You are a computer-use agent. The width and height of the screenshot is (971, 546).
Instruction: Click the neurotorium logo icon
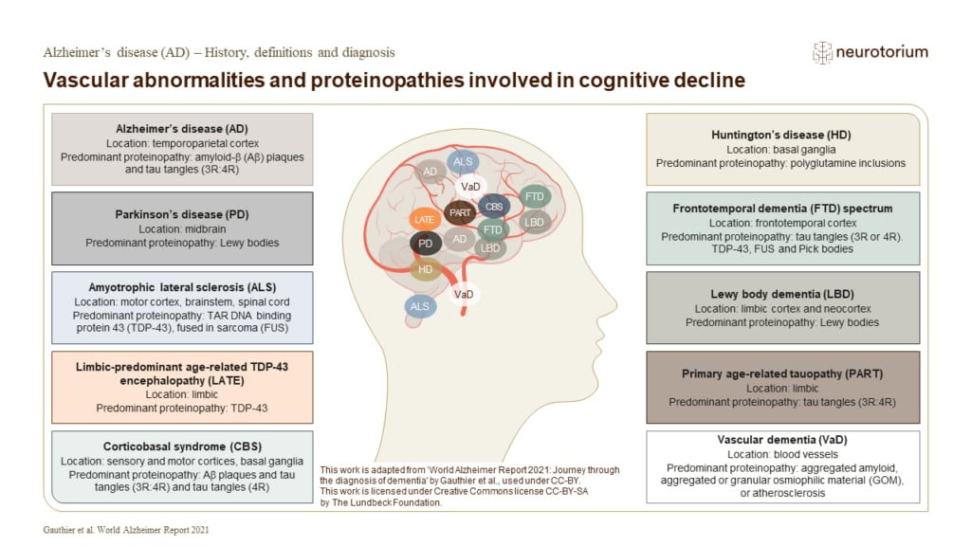(822, 53)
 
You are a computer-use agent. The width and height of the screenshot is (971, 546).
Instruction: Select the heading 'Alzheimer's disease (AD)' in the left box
(181, 127)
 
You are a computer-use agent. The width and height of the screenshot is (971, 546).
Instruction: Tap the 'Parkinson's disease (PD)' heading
(181, 214)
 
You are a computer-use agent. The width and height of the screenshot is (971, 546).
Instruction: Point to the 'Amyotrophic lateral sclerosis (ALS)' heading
(181, 287)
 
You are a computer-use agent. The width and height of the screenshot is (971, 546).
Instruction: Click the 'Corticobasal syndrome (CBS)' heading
(181, 445)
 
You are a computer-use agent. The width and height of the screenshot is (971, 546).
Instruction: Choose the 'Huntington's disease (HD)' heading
(781, 136)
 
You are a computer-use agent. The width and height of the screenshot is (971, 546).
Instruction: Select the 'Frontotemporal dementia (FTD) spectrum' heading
(781, 208)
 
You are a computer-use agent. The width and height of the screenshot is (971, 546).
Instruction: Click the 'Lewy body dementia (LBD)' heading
(781, 295)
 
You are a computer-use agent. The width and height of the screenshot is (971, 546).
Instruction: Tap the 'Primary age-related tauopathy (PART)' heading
(781, 374)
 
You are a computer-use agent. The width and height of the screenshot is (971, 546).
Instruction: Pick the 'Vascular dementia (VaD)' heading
(781, 440)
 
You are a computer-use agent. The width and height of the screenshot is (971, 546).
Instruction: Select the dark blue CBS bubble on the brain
(494, 205)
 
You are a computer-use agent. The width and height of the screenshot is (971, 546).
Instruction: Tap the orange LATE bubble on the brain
(426, 219)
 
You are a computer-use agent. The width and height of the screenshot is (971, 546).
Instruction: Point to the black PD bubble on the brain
(426, 244)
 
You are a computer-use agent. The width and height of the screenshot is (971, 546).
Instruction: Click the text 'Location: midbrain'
(181, 229)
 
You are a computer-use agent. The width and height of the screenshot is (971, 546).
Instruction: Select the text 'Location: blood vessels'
(781, 455)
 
